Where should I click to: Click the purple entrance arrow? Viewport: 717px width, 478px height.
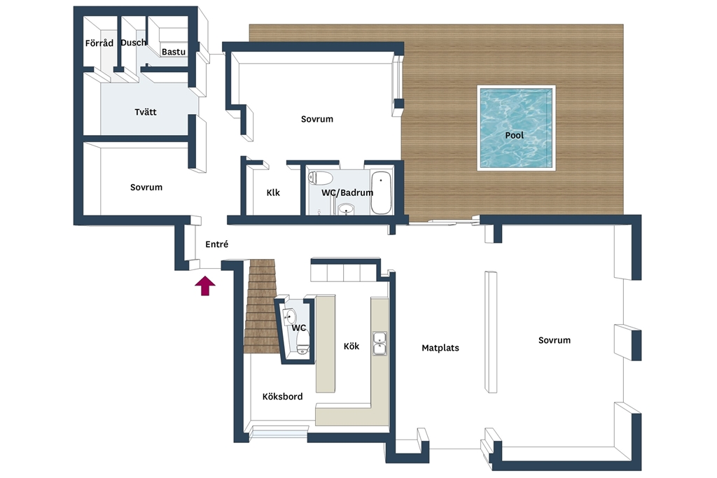click(205, 286)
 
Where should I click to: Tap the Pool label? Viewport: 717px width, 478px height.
click(515, 135)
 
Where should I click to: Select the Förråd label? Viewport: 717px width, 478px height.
click(99, 43)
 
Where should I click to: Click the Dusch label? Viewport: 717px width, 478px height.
click(134, 43)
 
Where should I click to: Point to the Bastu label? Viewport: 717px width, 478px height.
click(174, 52)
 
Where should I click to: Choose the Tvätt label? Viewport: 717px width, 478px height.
click(146, 112)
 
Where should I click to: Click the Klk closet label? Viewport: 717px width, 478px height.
click(273, 192)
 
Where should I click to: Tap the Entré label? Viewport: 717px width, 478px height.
click(217, 244)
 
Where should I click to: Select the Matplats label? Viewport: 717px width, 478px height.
click(440, 348)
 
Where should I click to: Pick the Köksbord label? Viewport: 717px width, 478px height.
click(283, 396)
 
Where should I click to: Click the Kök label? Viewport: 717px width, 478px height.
click(351, 346)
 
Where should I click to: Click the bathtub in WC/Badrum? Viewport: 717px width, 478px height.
click(381, 192)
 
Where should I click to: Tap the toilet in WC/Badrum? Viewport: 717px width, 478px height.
click(320, 177)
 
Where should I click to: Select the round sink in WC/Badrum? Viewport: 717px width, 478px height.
click(346, 209)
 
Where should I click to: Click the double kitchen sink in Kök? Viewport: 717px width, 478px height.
click(380, 343)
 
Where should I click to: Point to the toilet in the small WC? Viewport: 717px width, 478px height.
click(302, 343)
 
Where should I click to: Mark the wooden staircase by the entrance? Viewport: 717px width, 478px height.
click(262, 306)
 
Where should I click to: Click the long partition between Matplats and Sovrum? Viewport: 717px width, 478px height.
click(491, 332)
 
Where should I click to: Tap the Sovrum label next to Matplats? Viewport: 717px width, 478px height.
click(555, 340)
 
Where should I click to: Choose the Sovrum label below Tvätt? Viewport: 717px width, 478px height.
click(146, 187)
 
